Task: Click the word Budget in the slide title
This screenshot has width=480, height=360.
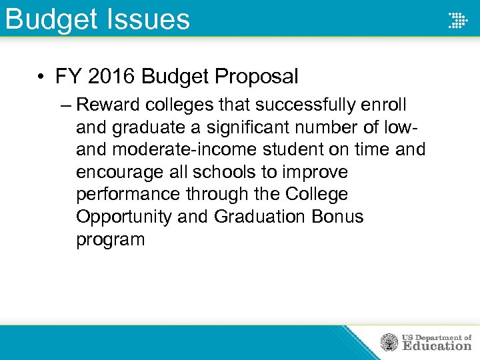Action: (47, 19)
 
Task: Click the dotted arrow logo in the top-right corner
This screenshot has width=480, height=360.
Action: (458, 19)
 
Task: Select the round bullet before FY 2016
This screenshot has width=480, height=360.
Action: (41, 77)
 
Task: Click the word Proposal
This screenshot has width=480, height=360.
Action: (257, 77)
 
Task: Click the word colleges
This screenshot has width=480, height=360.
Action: (183, 105)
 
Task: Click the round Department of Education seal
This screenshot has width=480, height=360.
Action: (389, 343)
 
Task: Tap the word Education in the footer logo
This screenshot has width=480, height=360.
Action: (437, 346)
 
